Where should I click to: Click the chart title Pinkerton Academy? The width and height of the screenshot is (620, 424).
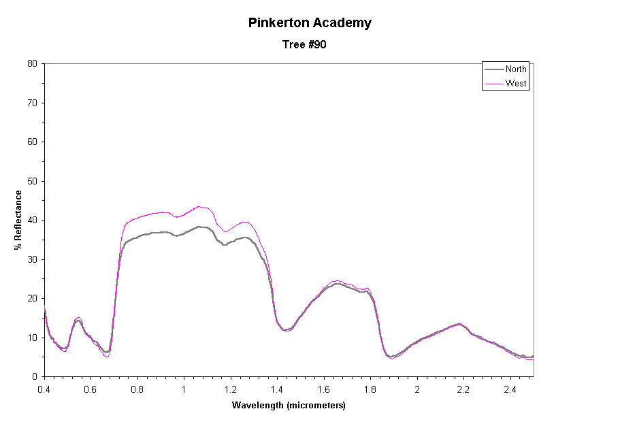310,22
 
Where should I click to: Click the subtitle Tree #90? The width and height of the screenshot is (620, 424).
310,45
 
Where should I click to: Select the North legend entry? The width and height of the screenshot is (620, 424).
515,69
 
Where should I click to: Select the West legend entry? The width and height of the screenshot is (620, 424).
515,84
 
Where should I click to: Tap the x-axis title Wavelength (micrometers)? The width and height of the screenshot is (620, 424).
289,406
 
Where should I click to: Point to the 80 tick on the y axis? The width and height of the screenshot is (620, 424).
32,63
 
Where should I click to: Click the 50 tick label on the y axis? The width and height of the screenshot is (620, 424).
32,181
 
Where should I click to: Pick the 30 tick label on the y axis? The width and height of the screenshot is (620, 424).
32,259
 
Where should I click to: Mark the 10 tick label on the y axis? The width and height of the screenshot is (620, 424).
32,338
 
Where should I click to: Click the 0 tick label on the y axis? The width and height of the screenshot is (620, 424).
34,376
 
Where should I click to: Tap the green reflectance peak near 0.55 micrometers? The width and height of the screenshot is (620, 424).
78,319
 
